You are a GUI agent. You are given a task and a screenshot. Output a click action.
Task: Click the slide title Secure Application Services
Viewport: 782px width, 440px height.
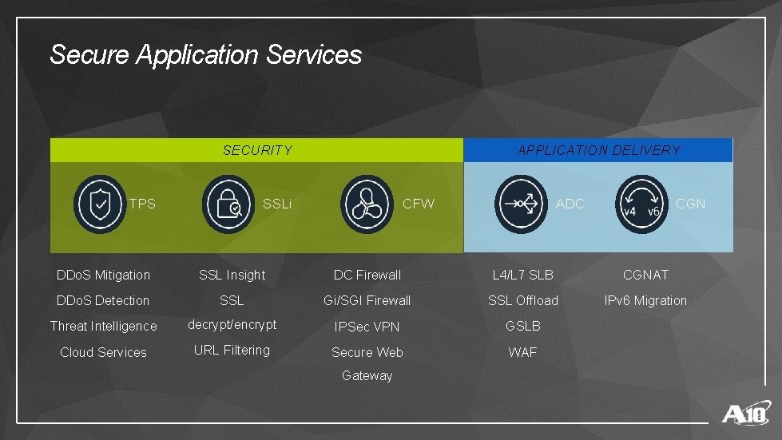(205, 55)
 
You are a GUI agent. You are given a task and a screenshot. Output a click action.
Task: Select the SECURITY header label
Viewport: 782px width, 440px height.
(257, 150)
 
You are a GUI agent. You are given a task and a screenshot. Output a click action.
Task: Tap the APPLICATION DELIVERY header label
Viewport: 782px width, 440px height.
(598, 150)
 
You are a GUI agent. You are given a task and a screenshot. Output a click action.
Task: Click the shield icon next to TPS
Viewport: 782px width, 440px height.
(100, 204)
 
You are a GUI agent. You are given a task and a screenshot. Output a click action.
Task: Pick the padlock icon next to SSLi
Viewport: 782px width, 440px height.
(228, 204)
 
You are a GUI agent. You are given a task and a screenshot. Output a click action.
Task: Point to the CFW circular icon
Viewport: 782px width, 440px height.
(367, 204)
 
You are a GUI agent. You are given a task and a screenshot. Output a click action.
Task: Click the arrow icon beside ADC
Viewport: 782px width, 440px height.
(521, 204)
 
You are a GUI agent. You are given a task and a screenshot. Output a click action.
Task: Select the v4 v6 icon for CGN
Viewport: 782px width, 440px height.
(641, 204)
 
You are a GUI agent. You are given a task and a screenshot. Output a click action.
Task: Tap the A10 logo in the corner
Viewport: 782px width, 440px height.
(746, 414)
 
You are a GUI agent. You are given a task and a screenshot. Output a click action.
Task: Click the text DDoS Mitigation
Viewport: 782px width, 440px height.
(103, 275)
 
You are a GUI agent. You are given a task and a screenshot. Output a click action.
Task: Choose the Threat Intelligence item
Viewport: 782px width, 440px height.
(103, 326)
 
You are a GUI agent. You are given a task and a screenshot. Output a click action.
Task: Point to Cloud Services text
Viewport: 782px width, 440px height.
(103, 352)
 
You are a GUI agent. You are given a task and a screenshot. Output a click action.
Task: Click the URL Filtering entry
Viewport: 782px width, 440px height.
(232, 350)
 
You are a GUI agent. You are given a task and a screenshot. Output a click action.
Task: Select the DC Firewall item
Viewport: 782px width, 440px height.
(367, 275)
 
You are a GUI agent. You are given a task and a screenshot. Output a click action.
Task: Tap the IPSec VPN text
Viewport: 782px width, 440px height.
(367, 327)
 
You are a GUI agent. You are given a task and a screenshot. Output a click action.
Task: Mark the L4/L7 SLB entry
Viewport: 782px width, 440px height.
(522, 275)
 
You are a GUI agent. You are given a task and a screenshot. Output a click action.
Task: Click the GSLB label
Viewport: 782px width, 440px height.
(522, 326)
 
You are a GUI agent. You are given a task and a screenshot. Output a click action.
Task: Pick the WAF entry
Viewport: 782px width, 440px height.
(522, 352)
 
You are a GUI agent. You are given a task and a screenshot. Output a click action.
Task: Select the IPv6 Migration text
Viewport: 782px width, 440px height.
(645, 300)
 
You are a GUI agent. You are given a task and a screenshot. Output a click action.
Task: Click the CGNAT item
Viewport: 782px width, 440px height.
(645, 275)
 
